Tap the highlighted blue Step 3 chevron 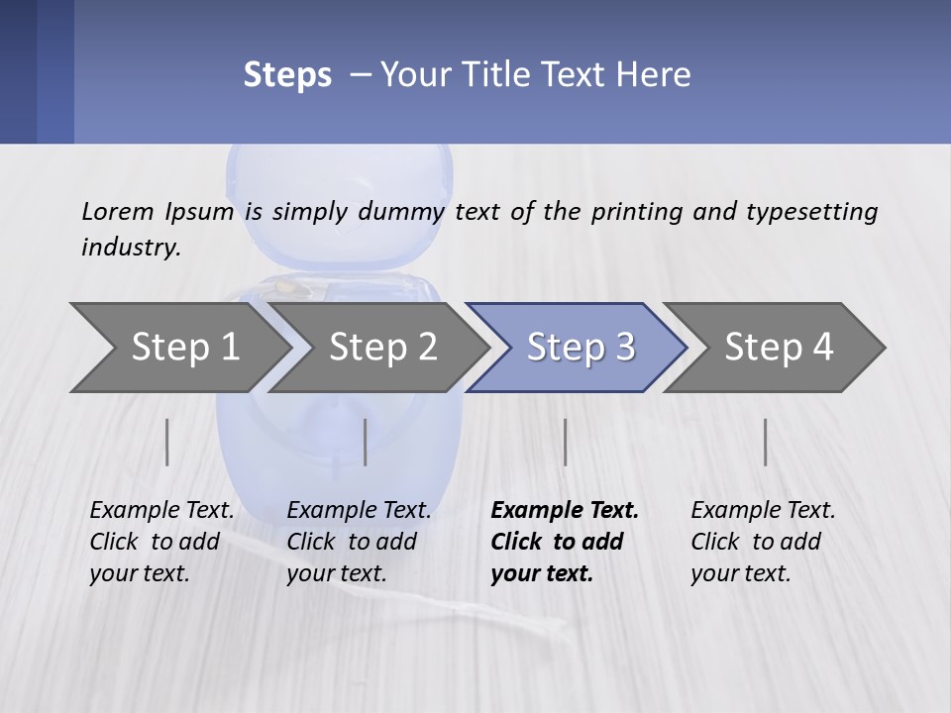(x=581, y=348)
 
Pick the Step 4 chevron (x=779, y=348)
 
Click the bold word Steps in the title (x=287, y=75)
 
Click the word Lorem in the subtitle (x=118, y=212)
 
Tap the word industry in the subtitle (x=131, y=248)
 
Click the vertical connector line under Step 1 (x=167, y=442)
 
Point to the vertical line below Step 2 (x=366, y=442)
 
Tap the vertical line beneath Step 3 (x=565, y=442)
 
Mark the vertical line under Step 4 (x=766, y=442)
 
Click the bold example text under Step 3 (x=564, y=542)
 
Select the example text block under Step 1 (x=161, y=542)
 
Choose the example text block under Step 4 (x=763, y=542)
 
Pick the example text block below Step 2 (x=359, y=542)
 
